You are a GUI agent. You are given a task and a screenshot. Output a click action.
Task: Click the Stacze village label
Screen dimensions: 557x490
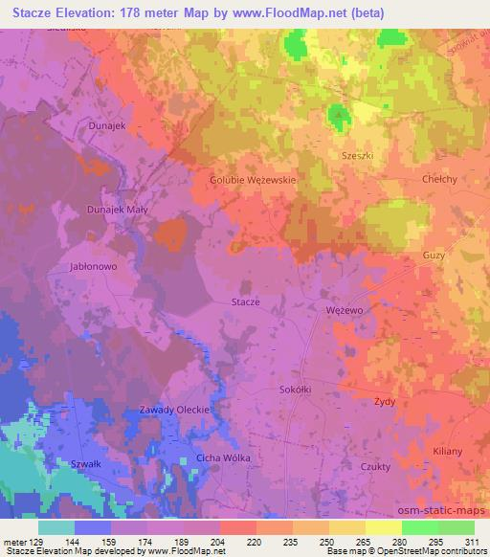pos(246,301)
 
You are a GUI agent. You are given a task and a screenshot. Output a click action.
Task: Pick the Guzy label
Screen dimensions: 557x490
pos(433,256)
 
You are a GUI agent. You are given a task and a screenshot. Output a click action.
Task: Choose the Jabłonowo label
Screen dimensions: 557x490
pos(93,267)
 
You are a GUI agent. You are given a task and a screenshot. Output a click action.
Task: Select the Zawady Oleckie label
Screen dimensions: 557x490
pos(172,410)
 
